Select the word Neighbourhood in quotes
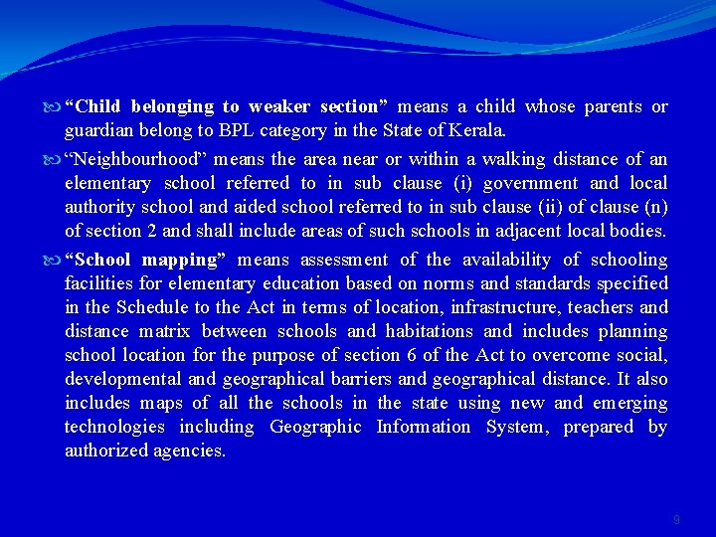click(130, 159)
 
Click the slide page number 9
click(676, 520)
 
